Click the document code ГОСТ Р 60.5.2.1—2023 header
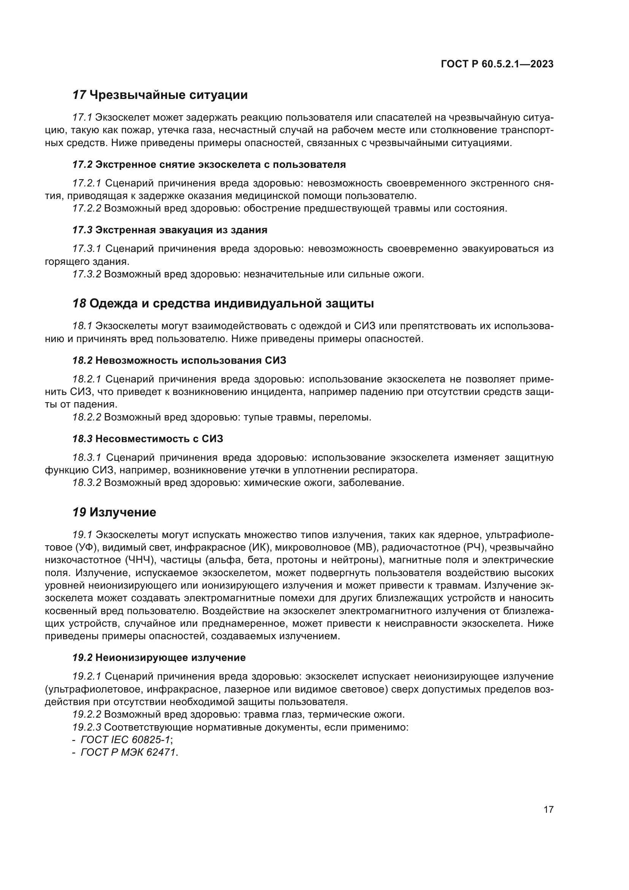(497, 64)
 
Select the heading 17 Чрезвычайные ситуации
(160, 95)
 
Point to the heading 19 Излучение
(114, 512)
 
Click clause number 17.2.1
(87, 183)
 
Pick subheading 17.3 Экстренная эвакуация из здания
(170, 230)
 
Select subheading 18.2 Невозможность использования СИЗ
(179, 360)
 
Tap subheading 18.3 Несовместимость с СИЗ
(148, 439)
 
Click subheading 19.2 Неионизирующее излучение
(159, 658)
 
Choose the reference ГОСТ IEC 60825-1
(125, 740)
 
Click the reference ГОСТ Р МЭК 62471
(129, 752)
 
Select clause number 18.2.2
(87, 417)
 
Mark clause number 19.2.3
(87, 727)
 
